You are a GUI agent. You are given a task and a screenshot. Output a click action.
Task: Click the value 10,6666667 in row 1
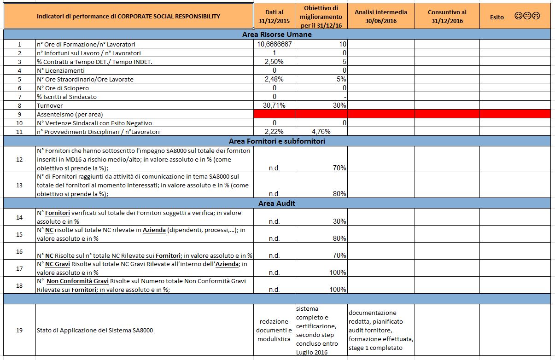[x=275, y=44]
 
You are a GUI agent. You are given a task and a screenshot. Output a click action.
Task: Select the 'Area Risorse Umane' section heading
[x=277, y=35]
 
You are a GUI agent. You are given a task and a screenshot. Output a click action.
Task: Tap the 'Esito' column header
[x=497, y=17]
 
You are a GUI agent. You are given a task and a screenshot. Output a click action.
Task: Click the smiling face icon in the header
[x=518, y=17]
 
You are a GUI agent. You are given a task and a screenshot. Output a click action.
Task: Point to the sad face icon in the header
[x=536, y=17]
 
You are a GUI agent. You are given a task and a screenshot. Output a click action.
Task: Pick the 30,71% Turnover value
[x=275, y=105]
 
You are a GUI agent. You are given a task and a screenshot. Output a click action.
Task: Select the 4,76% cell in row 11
[x=321, y=132]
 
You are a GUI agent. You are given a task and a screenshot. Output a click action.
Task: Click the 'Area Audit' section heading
[x=277, y=203]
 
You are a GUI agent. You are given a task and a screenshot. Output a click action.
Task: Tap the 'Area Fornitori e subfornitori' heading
[x=277, y=141]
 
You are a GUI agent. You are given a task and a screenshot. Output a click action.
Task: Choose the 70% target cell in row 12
[x=339, y=168]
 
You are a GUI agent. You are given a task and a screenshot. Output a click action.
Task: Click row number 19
[x=19, y=330]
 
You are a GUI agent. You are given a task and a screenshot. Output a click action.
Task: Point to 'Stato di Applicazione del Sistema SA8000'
[x=95, y=330]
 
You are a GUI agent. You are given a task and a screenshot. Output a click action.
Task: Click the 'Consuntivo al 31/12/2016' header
[x=447, y=17]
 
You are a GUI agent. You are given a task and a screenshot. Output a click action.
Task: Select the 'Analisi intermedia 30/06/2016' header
[x=380, y=17]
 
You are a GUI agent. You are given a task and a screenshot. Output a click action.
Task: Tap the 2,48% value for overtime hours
[x=275, y=79]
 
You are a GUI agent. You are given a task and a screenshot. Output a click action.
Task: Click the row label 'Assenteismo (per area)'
[x=70, y=114]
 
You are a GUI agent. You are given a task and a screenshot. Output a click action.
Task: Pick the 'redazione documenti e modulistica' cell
[x=274, y=330]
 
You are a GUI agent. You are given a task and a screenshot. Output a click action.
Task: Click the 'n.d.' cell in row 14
[x=274, y=221]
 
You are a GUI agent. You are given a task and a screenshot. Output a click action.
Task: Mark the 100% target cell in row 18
[x=338, y=290]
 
